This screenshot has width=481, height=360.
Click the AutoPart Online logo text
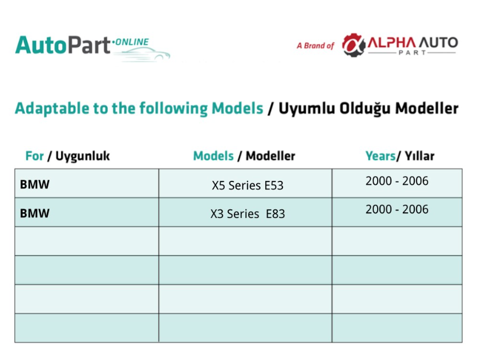pos(82,46)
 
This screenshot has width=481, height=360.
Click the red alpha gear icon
pos(354,45)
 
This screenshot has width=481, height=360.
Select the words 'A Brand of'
pos(316,46)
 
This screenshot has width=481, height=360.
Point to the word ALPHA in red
pos(392,42)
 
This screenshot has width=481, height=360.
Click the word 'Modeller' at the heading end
pos(427,108)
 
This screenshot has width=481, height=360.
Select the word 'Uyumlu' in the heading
pos(306,109)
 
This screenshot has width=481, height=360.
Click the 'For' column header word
pos(35,156)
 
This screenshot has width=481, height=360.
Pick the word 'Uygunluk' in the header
pos(83,156)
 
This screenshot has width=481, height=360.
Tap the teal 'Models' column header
pos(213,156)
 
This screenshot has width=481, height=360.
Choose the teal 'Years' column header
pos(381,156)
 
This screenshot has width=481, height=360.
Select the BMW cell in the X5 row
pos(35,184)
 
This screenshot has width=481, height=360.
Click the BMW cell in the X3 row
pos(35,213)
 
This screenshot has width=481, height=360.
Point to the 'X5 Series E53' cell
pos(248,185)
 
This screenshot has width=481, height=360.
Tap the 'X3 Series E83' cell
pos(248,214)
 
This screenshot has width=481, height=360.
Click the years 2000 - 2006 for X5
pos(397,181)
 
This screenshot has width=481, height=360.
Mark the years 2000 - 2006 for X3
pos(397,209)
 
